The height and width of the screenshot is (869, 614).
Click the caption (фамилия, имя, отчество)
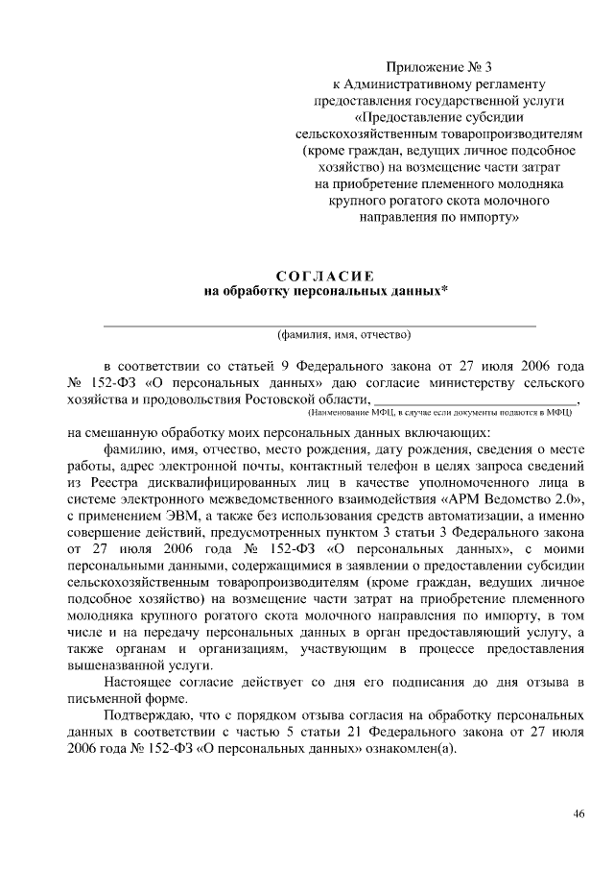(x=343, y=335)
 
